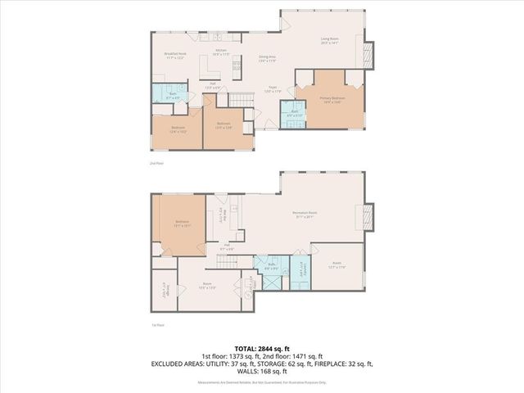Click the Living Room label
(x=329, y=41)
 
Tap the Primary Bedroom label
(x=332, y=100)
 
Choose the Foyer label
(x=273, y=89)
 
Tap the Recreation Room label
(x=305, y=215)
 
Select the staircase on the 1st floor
(x=228, y=262)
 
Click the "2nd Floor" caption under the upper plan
(x=156, y=164)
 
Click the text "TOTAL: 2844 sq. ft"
(x=261, y=349)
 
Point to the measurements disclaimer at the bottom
(x=261, y=382)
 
